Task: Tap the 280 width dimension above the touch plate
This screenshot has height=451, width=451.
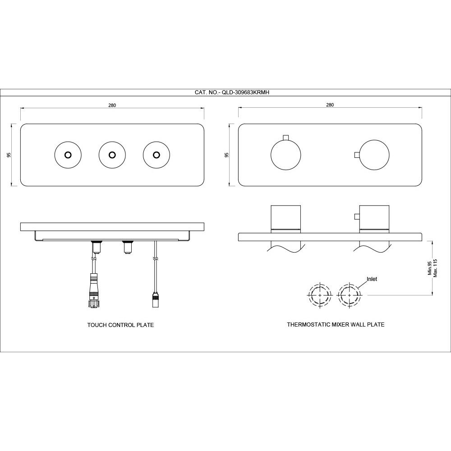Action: [x=112, y=105]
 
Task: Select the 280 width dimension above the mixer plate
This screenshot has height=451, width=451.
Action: [x=330, y=105]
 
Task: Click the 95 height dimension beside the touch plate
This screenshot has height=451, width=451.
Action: [x=9, y=155]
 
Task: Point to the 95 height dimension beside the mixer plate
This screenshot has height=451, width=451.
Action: [x=227, y=155]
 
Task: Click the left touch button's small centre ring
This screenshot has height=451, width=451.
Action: [x=68, y=155]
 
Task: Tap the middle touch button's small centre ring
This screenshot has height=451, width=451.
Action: [x=112, y=155]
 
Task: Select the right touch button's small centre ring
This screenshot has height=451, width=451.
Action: [x=156, y=155]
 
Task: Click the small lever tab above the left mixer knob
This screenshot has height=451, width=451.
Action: [x=285, y=138]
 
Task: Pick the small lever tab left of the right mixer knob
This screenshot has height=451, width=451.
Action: [x=357, y=155]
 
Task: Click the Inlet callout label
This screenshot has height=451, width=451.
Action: [x=372, y=279]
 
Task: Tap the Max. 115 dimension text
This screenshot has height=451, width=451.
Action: [x=435, y=268]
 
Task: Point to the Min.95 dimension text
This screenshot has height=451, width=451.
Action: [x=430, y=268]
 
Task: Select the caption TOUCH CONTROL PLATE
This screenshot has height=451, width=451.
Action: [x=120, y=325]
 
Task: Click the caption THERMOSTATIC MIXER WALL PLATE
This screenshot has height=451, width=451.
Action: [x=336, y=324]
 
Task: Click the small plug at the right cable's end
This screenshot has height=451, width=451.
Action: [x=155, y=299]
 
